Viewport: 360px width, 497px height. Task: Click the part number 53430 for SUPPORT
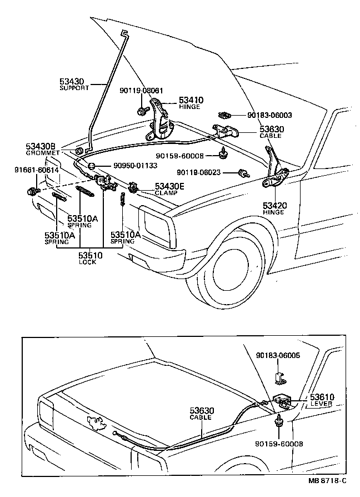pos(72,81)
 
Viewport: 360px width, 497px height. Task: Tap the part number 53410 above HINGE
pos(191,100)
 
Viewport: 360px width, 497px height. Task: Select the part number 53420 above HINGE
pos(274,206)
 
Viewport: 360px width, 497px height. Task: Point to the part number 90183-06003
pos(269,116)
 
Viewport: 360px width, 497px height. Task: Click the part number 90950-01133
pos(135,166)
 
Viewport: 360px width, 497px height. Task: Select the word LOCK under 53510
pos(87,262)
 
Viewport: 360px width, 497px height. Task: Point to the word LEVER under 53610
pos(321,404)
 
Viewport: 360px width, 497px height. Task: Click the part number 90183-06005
pos(278,355)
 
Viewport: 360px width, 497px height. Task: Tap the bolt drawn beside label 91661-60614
pos(31,192)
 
